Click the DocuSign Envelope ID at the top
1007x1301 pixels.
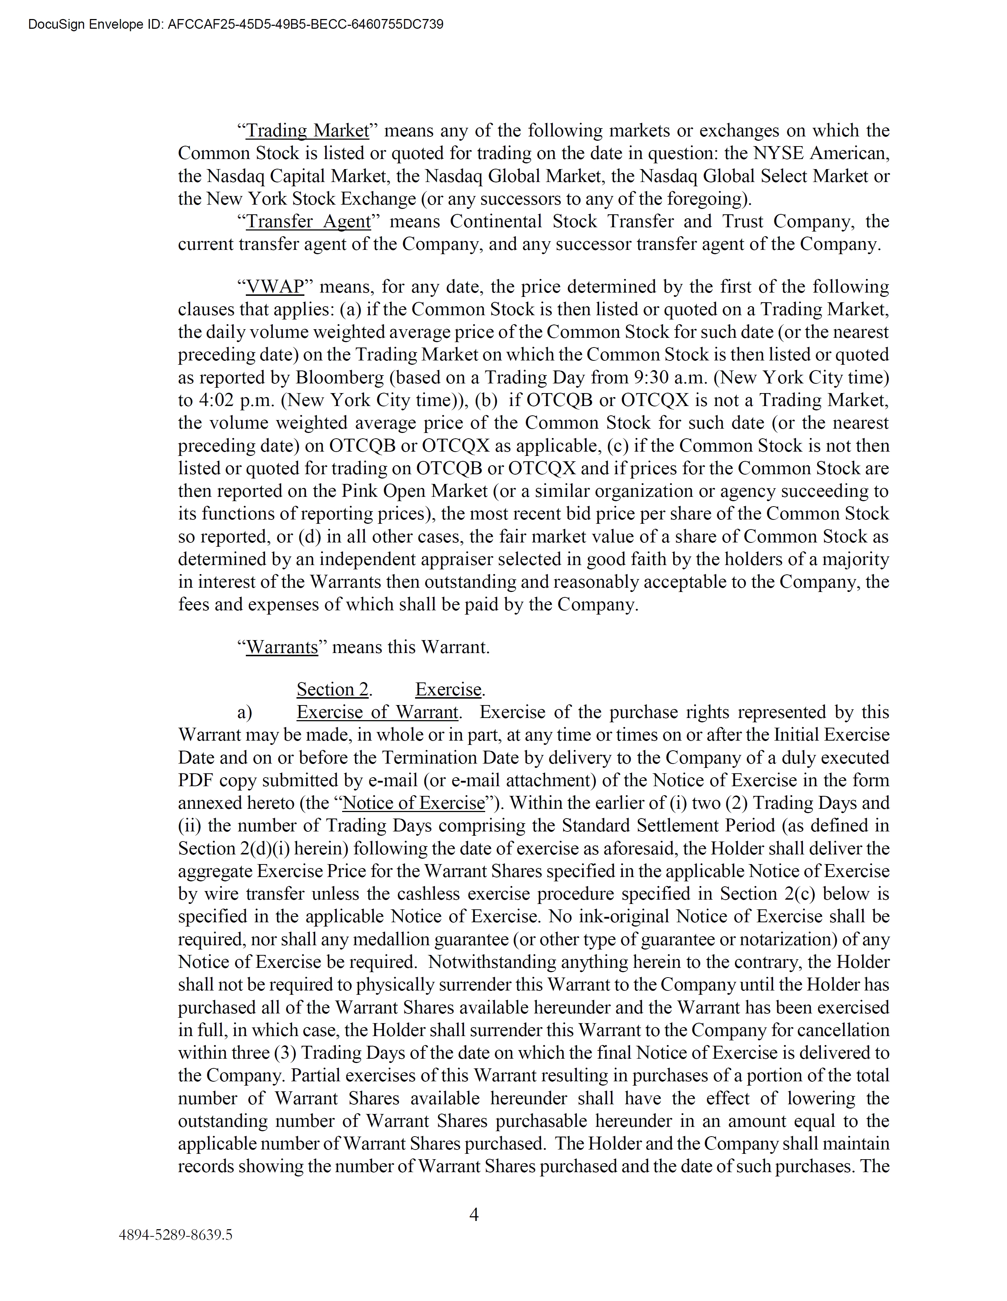[235, 24]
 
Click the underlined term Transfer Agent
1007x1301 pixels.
[308, 221]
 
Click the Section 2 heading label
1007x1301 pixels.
[333, 689]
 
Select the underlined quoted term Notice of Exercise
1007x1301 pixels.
[414, 803]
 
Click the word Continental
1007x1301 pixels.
[496, 221]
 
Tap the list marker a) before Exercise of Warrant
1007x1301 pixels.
[244, 713]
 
